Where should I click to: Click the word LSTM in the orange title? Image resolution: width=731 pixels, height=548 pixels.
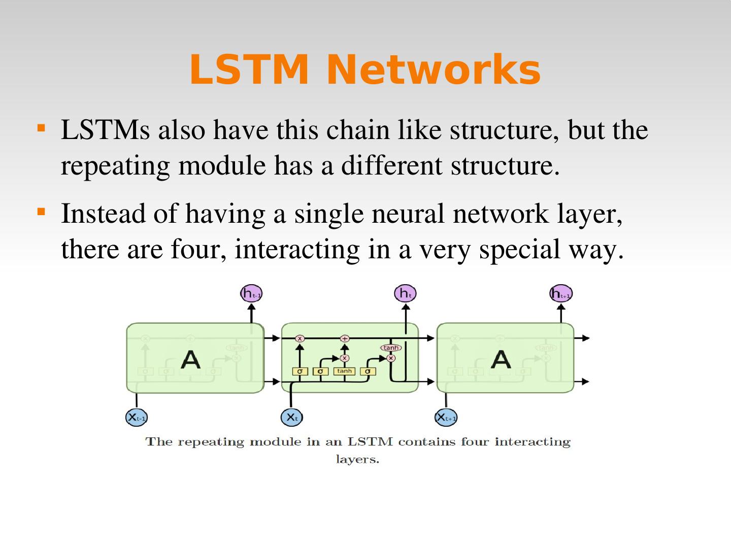pyautogui.click(x=249, y=70)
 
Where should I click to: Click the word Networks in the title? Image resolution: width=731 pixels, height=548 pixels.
pyautogui.click(x=433, y=70)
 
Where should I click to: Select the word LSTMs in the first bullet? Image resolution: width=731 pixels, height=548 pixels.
pyautogui.click(x=105, y=130)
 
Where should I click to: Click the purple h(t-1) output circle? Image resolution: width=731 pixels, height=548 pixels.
pyautogui.click(x=251, y=293)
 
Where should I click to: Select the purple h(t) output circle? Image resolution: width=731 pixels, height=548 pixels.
pyautogui.click(x=405, y=293)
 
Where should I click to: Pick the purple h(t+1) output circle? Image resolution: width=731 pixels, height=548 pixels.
pyautogui.click(x=561, y=293)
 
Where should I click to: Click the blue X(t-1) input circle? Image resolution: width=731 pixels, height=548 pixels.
pyautogui.click(x=137, y=418)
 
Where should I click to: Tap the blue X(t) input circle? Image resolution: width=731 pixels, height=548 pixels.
pyautogui.click(x=291, y=418)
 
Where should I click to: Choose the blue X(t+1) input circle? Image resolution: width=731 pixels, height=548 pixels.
pyautogui.click(x=446, y=418)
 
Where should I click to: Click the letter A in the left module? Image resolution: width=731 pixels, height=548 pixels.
pyautogui.click(x=190, y=360)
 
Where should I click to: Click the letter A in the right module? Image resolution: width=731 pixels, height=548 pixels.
pyautogui.click(x=501, y=360)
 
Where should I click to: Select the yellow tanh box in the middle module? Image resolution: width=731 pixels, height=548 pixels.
pyautogui.click(x=344, y=371)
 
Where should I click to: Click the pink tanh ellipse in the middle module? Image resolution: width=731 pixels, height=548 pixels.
pyautogui.click(x=391, y=348)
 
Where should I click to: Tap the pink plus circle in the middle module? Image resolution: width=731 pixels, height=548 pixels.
pyautogui.click(x=345, y=338)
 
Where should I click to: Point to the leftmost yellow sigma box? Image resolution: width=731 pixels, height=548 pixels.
pyautogui.click(x=300, y=371)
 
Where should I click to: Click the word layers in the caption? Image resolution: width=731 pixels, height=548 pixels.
pyautogui.click(x=357, y=460)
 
